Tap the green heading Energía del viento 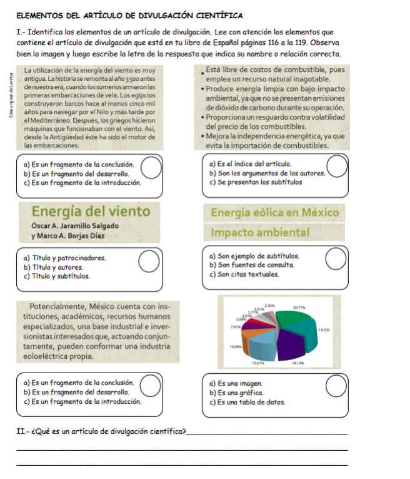(91, 211)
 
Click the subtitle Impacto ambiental (260, 232)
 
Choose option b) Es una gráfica (236, 392)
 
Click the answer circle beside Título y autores (148, 262)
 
